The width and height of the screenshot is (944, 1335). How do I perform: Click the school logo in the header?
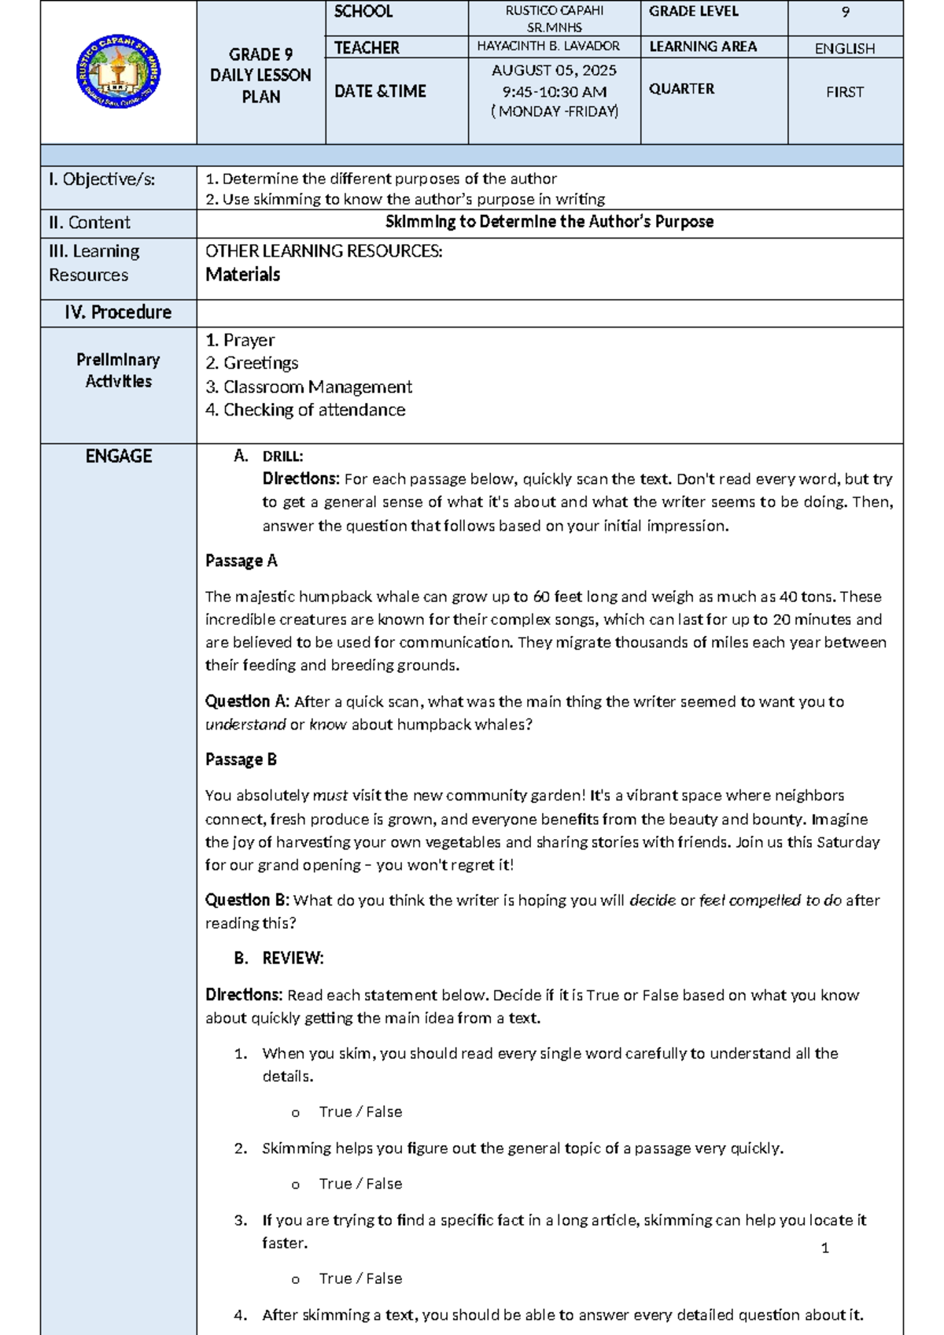click(x=118, y=72)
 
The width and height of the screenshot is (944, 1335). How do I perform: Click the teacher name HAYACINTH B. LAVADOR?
click(x=548, y=46)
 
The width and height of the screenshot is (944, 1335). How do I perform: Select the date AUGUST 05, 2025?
click(x=554, y=70)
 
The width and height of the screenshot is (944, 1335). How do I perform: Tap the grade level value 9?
click(x=845, y=12)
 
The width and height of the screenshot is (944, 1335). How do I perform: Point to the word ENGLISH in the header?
click(x=844, y=49)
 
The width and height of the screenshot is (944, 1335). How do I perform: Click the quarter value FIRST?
click(x=844, y=92)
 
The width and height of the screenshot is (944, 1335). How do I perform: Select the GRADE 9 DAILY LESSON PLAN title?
click(x=260, y=76)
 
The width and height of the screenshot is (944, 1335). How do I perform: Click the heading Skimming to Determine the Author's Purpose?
click(x=549, y=222)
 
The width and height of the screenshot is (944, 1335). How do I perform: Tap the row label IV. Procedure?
click(x=118, y=312)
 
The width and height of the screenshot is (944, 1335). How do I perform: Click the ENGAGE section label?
click(x=118, y=457)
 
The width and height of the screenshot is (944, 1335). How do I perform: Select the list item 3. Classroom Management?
click(x=308, y=387)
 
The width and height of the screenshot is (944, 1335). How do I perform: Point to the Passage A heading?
click(x=241, y=561)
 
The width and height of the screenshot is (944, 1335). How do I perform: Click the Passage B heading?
click(x=241, y=760)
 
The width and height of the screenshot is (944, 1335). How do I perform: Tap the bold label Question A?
click(x=247, y=701)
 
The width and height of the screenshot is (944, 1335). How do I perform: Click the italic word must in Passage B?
click(x=330, y=796)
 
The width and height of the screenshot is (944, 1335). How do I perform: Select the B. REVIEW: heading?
click(x=279, y=959)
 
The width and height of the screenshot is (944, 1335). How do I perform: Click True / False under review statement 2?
click(x=360, y=1184)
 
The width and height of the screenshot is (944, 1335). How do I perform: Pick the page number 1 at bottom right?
click(x=824, y=1248)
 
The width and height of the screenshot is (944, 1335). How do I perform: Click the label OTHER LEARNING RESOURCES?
click(x=323, y=252)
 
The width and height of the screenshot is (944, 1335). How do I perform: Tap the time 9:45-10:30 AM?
click(x=554, y=91)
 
